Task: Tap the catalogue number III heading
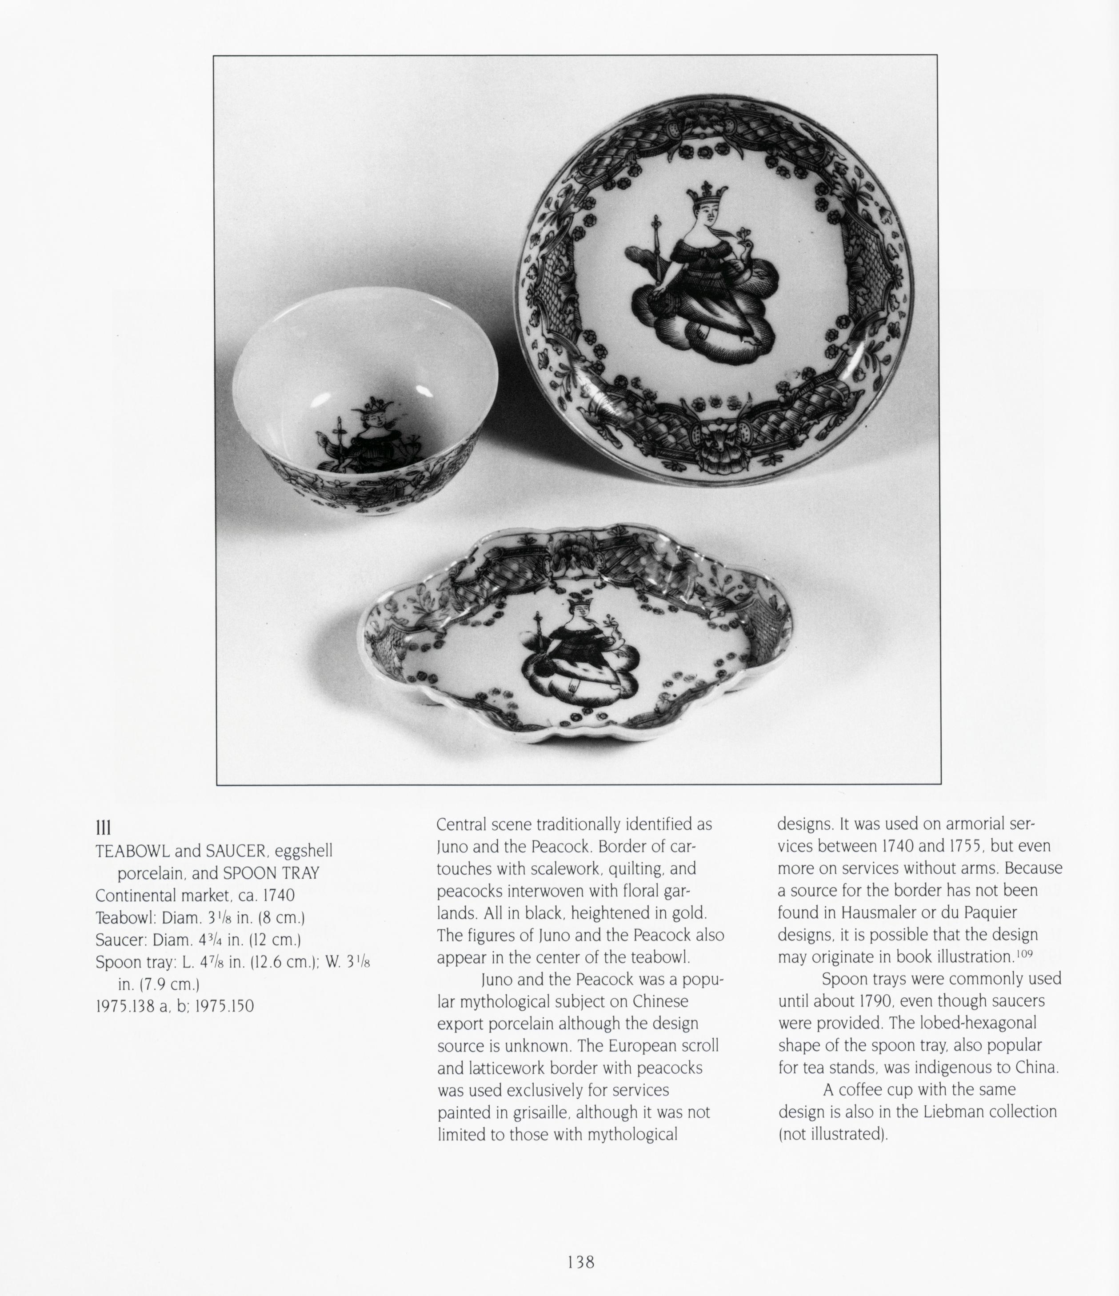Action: click(103, 828)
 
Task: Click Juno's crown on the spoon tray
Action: click(579, 602)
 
